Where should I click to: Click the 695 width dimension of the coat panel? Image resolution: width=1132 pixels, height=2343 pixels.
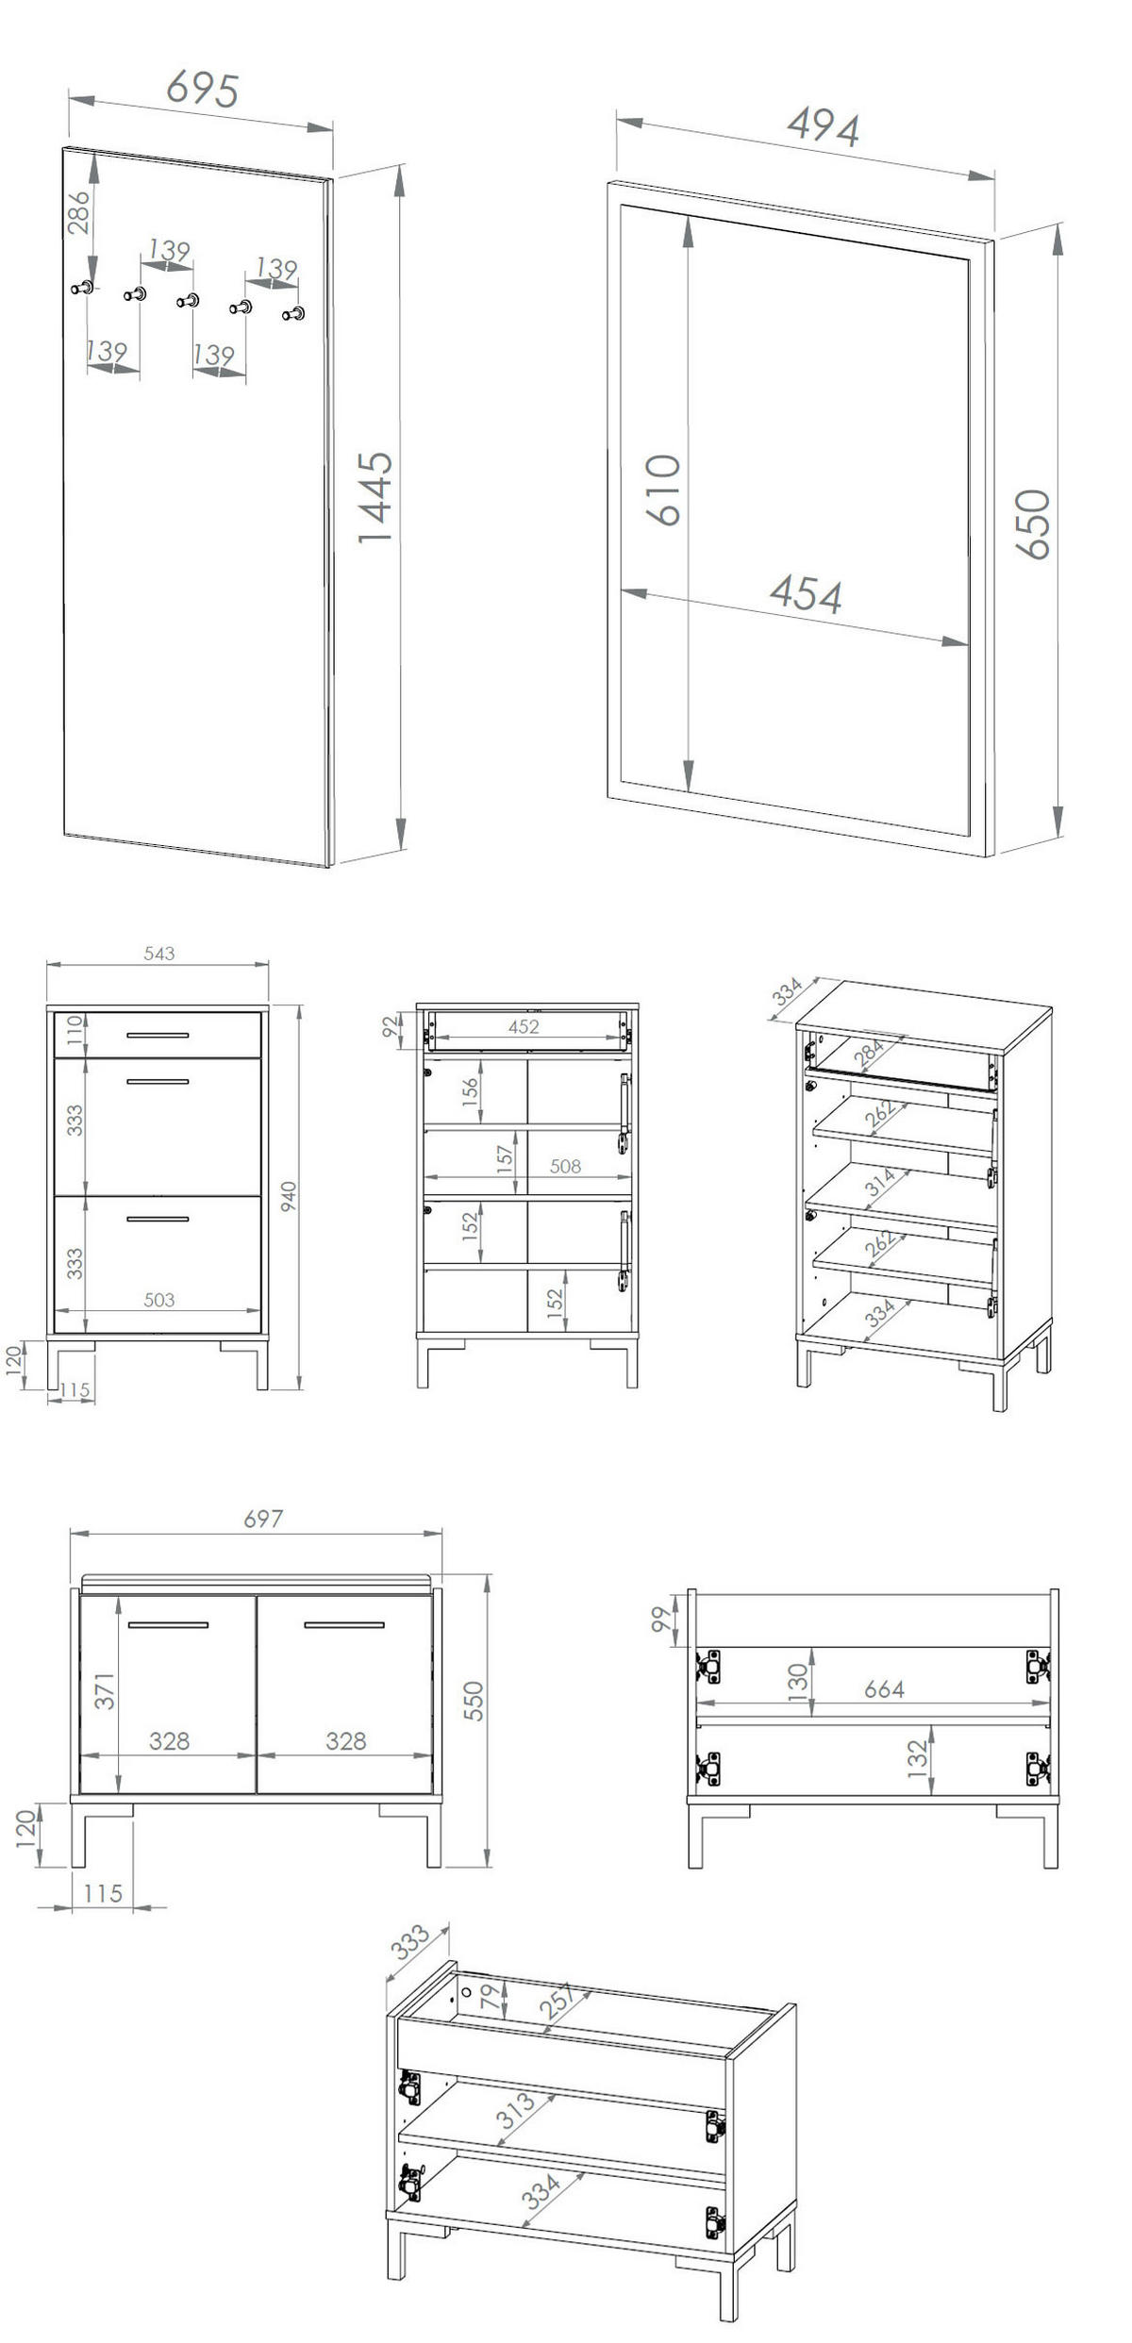pos(202,89)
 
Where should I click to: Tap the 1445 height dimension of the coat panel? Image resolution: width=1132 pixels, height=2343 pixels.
pos(375,497)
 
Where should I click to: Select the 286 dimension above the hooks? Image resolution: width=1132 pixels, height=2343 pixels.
pos(79,212)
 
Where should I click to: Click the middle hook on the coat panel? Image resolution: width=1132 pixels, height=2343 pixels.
pos(188,301)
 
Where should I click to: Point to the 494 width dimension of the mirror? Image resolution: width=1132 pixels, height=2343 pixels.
pos(824,126)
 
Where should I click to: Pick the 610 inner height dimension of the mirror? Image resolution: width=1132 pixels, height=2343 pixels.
pos(663,490)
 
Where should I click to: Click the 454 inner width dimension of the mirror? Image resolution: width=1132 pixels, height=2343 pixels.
pos(806,594)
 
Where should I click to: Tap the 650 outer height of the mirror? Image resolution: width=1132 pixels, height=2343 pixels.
pos(1033,524)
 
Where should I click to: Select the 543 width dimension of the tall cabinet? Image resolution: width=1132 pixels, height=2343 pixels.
pos(158,954)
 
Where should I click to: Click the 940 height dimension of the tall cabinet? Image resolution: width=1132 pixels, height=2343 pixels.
pos(289,1196)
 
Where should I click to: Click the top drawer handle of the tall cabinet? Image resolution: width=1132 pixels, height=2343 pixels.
pos(158,1036)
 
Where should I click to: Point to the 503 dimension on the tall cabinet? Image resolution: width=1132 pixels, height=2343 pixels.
pos(158,1300)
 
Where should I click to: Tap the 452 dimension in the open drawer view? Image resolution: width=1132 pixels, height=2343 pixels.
pos(524,1026)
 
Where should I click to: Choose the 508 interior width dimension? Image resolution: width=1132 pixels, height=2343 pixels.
pos(565,1167)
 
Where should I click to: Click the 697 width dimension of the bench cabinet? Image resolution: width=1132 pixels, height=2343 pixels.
pos(262,1519)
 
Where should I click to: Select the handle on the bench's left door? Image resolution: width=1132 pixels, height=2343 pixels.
pos(168,1625)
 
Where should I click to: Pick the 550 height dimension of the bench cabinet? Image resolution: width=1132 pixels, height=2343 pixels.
pos(474,1701)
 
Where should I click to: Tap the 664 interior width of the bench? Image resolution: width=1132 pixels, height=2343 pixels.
pos(884,1689)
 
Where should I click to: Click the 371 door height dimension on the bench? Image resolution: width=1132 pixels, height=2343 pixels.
pos(105,1691)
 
